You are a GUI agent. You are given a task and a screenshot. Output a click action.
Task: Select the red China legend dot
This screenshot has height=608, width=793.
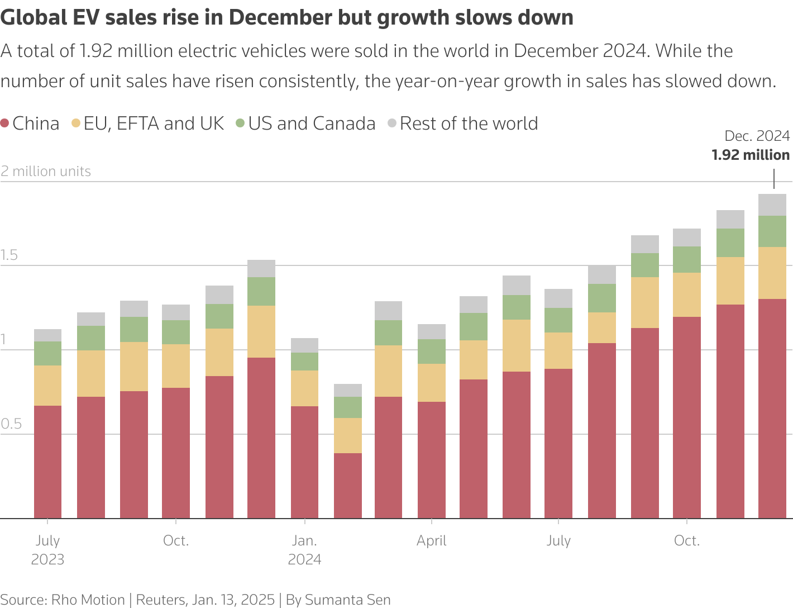(x=5, y=123)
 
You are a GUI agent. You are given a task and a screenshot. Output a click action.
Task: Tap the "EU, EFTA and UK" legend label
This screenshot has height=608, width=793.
(x=154, y=123)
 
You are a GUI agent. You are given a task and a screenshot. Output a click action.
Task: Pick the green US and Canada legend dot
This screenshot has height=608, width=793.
(x=240, y=123)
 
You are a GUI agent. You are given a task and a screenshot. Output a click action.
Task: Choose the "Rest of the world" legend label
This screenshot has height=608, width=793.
(x=469, y=123)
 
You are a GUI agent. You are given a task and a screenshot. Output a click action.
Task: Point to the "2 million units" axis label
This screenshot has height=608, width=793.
(x=46, y=171)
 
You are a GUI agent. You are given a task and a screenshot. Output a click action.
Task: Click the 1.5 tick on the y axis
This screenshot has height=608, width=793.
(x=9, y=255)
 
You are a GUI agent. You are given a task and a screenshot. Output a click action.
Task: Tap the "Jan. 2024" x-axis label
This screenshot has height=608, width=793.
(x=304, y=550)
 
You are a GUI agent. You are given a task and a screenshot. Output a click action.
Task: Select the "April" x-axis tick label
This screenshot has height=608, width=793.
(x=431, y=540)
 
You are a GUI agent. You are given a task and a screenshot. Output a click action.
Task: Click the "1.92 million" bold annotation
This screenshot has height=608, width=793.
(x=751, y=155)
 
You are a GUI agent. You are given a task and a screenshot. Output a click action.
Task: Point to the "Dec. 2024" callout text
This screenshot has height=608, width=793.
(x=757, y=136)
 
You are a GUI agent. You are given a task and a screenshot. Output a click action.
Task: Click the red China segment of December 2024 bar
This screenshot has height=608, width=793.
(x=772, y=408)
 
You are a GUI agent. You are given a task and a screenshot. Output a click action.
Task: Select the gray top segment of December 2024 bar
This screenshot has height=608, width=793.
(x=772, y=205)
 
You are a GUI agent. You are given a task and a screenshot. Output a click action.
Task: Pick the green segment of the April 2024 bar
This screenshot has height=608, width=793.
(x=431, y=351)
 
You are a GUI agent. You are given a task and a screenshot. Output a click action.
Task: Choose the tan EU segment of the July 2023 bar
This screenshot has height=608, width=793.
(x=47, y=386)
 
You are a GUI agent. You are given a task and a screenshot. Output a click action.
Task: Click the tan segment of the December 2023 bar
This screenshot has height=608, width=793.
(x=261, y=331)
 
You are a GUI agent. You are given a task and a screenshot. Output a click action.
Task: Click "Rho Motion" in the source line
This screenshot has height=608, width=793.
(x=88, y=600)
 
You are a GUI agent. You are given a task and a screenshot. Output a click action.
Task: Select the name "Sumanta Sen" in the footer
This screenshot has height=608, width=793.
(x=347, y=600)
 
